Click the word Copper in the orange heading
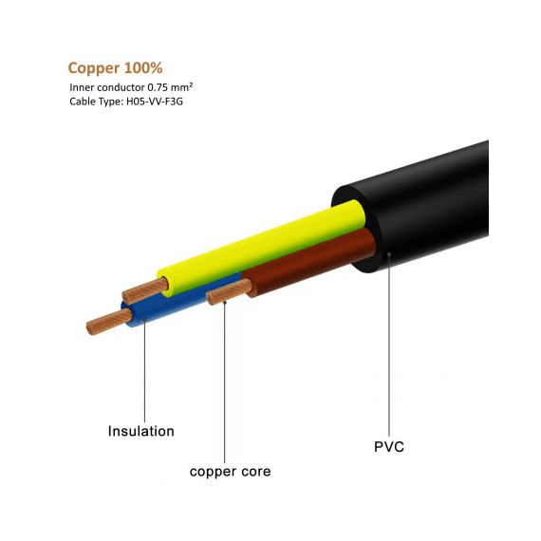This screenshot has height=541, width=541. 94,68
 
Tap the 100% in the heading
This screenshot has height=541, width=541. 143,68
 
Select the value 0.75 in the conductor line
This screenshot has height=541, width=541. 158,87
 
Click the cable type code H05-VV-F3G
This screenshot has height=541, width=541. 153,102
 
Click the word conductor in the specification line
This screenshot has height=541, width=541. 121,87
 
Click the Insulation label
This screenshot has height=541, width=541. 141,431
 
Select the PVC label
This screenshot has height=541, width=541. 389,447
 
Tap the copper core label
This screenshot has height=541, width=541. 230,472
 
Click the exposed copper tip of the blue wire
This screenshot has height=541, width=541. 109,322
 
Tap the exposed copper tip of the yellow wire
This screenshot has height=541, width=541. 145,290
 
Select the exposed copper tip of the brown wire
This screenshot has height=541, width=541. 230,291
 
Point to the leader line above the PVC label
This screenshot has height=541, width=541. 389,345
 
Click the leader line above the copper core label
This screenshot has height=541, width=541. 225,382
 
